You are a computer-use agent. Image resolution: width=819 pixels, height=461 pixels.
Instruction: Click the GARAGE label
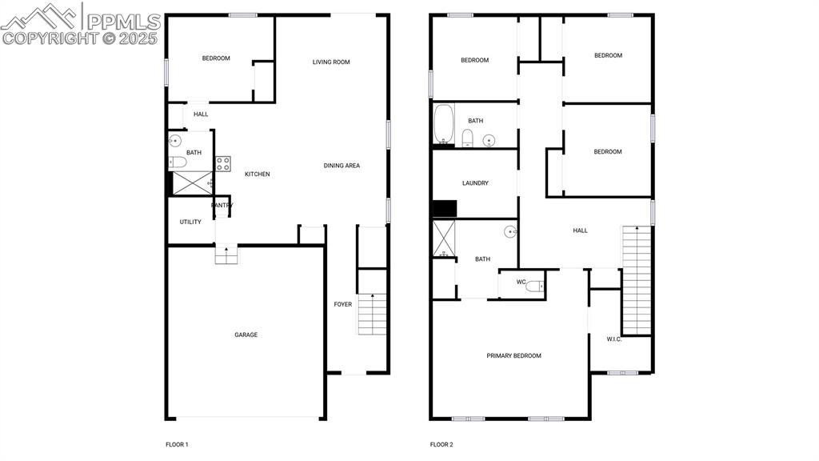(x=246, y=335)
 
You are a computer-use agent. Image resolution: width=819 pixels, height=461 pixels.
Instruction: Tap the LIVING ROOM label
(x=331, y=62)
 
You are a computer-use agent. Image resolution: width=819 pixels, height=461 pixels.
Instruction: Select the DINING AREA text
(x=342, y=166)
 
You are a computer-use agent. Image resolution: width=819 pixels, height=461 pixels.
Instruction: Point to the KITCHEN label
(x=258, y=174)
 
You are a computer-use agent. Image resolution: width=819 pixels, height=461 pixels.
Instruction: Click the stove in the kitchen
(x=223, y=163)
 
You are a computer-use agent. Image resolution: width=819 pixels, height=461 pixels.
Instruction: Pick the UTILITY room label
(x=190, y=222)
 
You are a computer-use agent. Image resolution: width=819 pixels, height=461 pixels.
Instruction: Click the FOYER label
(x=343, y=304)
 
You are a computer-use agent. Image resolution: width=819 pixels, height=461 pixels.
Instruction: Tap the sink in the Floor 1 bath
(x=175, y=141)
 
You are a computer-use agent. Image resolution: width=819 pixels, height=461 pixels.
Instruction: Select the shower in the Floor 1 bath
(x=192, y=183)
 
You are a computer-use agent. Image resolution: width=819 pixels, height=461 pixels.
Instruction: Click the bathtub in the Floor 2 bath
(x=444, y=124)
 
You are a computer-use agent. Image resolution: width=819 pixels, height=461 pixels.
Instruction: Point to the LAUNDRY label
(x=475, y=183)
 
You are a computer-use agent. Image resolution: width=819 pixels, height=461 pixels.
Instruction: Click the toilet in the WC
(x=534, y=287)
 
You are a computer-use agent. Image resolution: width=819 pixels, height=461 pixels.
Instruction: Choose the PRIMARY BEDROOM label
(x=514, y=356)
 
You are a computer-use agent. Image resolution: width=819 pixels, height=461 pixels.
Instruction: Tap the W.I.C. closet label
(x=614, y=339)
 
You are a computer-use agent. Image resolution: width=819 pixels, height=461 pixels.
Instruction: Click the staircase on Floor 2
(x=637, y=280)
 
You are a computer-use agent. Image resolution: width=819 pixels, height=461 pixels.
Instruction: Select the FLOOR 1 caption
(x=177, y=445)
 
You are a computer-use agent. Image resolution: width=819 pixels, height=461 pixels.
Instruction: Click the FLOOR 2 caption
(x=441, y=445)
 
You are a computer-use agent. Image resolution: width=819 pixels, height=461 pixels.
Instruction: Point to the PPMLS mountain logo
(x=39, y=17)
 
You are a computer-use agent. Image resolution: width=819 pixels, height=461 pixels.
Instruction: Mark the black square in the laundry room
(x=445, y=209)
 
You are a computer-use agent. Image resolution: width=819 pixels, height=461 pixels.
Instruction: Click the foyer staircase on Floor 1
(x=372, y=314)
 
